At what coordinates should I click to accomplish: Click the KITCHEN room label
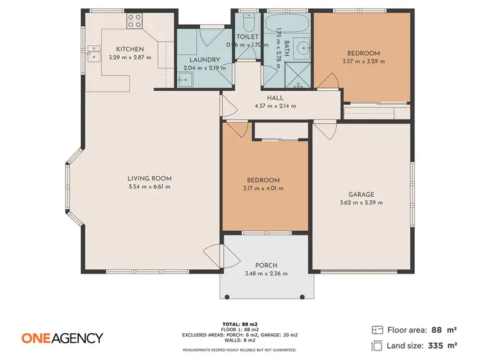point(130,49)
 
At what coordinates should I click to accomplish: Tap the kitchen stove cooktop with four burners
point(134,21)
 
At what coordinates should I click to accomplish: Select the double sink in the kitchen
point(94,52)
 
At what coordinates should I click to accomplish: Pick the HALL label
point(275,98)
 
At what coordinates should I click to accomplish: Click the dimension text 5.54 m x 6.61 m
point(149,187)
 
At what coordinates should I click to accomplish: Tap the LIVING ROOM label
point(149,178)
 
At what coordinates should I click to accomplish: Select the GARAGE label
point(361,194)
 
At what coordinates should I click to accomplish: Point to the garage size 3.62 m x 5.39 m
point(361,203)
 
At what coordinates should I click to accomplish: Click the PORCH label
point(266,265)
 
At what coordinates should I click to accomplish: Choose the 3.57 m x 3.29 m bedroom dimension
point(364,61)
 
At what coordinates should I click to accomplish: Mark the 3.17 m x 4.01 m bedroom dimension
point(263,189)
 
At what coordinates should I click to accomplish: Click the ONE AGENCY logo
point(62,338)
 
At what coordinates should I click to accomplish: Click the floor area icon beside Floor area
point(377,330)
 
